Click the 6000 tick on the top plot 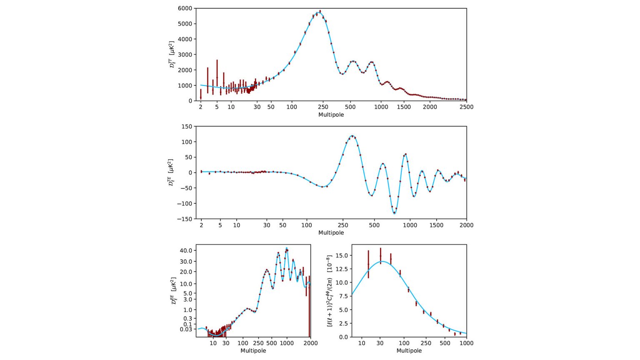[185, 8]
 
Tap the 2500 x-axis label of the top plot [466, 107]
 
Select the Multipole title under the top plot [331, 115]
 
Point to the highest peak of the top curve [319, 13]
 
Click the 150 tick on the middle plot [187, 126]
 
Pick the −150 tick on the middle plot [184, 219]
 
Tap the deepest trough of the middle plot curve [394, 213]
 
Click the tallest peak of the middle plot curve [352, 136]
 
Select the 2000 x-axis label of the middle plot [466, 225]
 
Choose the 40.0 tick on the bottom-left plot [186, 250]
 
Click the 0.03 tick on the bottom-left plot [186, 329]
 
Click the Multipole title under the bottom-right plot [409, 350]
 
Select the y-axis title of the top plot [172, 55]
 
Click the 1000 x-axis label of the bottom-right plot [466, 343]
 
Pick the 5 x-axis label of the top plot [217, 107]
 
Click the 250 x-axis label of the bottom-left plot [258, 343]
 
